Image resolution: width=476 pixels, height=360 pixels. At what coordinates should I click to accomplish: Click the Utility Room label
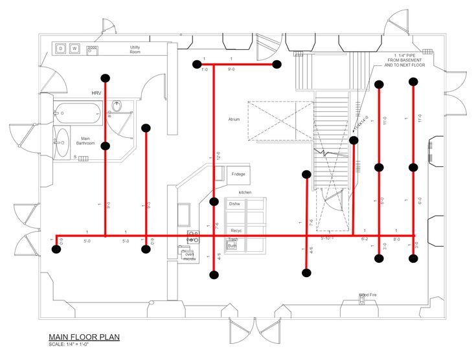point(135,49)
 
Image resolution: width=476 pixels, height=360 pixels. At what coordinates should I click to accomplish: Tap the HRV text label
point(96,93)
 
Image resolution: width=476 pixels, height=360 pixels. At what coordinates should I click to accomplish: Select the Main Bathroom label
point(85,141)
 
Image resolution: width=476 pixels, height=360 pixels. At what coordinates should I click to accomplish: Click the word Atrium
point(234,120)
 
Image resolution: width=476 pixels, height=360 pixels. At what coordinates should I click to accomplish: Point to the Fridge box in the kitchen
point(238,174)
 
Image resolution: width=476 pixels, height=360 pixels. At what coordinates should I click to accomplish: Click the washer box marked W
point(74,49)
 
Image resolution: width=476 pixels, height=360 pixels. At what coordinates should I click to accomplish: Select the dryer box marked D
point(60,49)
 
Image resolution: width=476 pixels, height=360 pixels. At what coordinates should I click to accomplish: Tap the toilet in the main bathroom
point(117,106)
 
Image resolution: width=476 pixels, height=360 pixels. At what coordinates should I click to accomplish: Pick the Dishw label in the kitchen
point(234,203)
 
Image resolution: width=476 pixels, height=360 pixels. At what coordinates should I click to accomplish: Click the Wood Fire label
point(368,295)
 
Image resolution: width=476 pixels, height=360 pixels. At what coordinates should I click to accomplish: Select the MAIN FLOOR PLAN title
point(84,337)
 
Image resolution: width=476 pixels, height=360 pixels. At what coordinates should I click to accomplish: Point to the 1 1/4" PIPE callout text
point(405,60)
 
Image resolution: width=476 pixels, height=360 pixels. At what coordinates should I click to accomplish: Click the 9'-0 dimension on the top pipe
point(231,69)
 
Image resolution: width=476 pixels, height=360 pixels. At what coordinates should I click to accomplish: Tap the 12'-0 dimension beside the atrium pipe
point(218,156)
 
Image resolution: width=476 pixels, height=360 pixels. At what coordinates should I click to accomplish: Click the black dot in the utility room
point(106,76)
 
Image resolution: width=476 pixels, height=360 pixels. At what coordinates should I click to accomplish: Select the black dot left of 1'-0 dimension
point(196,64)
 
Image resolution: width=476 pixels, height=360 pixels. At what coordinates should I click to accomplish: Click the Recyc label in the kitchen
point(236,231)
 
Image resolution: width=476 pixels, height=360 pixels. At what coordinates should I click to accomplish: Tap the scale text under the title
point(69,344)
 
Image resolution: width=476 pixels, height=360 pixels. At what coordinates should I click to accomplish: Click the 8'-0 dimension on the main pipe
point(396,239)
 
